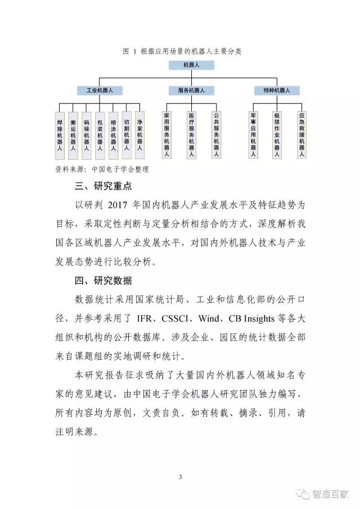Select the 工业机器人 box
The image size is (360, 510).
click(100, 90)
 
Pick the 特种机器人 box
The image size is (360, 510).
click(276, 90)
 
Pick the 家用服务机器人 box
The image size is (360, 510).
click(166, 134)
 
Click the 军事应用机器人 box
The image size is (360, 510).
click(253, 134)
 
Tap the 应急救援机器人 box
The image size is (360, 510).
click(301, 134)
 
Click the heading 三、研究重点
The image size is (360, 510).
click(104, 186)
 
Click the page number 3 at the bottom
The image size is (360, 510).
click(180, 477)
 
